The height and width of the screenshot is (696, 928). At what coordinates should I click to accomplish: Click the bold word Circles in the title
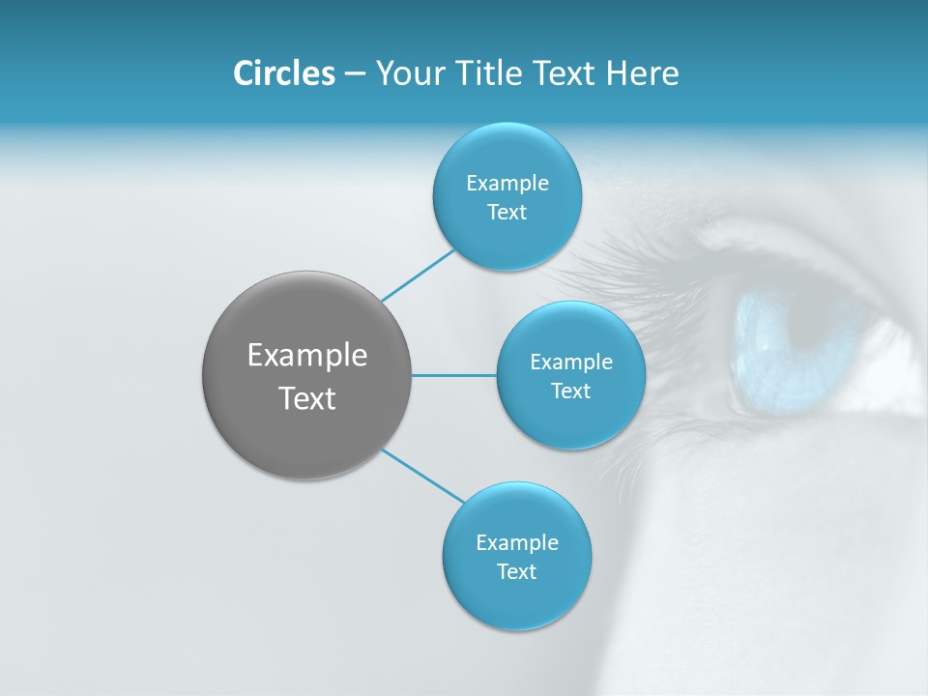point(283,73)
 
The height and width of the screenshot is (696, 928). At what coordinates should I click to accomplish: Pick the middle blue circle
point(571,375)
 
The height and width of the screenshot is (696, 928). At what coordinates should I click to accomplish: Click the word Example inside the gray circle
point(307,356)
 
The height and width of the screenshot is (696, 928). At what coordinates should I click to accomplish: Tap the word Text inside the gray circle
point(307,398)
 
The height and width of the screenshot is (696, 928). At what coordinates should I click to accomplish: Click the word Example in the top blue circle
point(507,183)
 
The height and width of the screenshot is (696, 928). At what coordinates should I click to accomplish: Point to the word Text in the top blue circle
point(507,212)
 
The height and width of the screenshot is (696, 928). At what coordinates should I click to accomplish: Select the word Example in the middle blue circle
point(571,362)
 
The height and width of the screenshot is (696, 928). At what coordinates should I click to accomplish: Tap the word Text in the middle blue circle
point(571,391)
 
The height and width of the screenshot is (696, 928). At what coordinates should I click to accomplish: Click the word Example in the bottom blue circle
point(517,542)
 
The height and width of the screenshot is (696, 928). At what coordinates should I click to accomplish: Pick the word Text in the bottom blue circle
point(516,571)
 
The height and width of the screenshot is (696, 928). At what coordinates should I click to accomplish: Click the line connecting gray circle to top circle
point(418,275)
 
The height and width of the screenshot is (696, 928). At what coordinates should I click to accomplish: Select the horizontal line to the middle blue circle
point(454,375)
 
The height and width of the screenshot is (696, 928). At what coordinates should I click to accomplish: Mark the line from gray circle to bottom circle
point(422,476)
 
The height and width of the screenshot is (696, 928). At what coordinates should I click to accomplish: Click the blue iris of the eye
point(773,353)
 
